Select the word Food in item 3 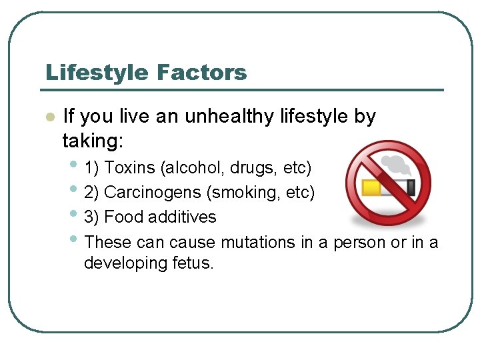[x=121, y=217]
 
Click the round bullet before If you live [x=48, y=117]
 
